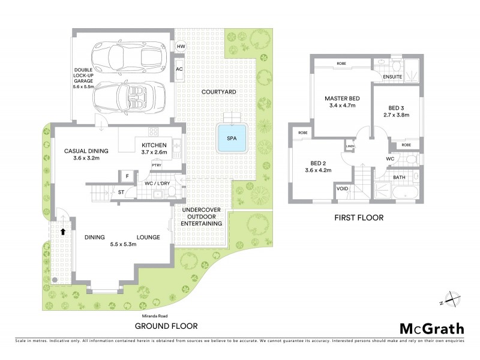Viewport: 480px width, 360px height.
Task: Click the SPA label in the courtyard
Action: (231, 138)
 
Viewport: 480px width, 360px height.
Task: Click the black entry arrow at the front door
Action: (62, 230)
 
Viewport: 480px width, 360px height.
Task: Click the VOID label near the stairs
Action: (343, 188)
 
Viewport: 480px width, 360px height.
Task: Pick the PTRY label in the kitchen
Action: (157, 165)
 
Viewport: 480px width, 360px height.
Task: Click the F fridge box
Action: (127, 176)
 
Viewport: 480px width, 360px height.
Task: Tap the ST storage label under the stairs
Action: (120, 193)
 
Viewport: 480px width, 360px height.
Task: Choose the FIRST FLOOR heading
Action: (358, 218)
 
